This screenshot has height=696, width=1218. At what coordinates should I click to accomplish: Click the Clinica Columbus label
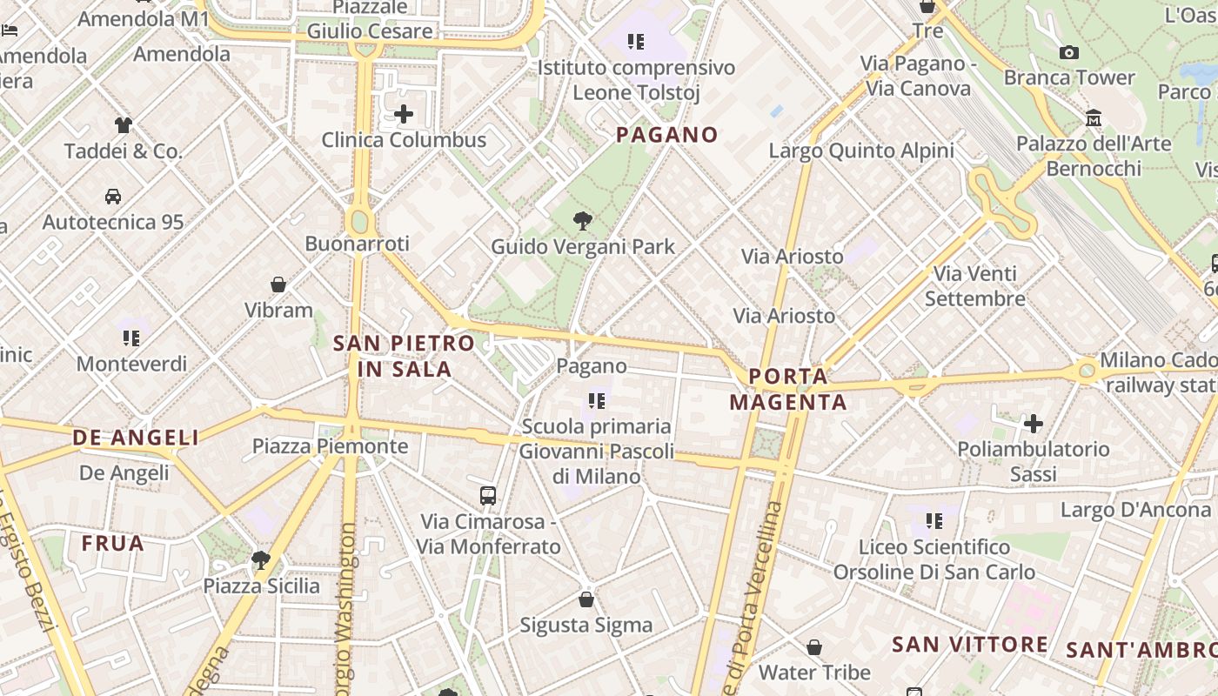[404, 140]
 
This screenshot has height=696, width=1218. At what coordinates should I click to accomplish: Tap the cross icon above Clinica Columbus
[404, 114]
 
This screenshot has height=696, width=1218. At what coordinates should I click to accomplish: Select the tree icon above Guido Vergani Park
[583, 221]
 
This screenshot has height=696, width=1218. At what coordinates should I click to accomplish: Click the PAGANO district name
[667, 135]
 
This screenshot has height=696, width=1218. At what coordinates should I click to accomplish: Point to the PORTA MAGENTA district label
[788, 389]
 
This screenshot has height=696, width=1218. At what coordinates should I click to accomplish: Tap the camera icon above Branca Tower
[1069, 52]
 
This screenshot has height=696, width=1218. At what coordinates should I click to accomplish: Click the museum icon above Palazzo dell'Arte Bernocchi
[1094, 117]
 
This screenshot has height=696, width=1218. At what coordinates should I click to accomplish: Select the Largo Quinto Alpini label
[861, 151]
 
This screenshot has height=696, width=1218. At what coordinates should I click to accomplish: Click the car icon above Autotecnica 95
[113, 197]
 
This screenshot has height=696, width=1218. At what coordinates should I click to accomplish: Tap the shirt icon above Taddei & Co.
[123, 125]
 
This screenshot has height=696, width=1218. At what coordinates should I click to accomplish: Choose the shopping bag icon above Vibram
[278, 284]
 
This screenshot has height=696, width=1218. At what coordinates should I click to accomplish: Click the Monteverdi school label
[131, 364]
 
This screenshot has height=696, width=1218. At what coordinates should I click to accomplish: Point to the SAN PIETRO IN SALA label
[405, 356]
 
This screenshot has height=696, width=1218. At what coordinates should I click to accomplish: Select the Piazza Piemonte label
[330, 446]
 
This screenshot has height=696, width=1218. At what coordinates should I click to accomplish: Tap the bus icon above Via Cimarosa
[488, 496]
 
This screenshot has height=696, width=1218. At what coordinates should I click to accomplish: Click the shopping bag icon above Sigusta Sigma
[586, 599]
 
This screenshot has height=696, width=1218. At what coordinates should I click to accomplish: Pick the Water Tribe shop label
[814, 673]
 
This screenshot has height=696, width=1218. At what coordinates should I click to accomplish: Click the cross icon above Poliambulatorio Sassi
[1034, 424]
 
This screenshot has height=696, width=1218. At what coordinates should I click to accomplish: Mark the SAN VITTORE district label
[970, 645]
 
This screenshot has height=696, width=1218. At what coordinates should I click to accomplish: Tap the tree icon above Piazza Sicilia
[260, 559]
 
